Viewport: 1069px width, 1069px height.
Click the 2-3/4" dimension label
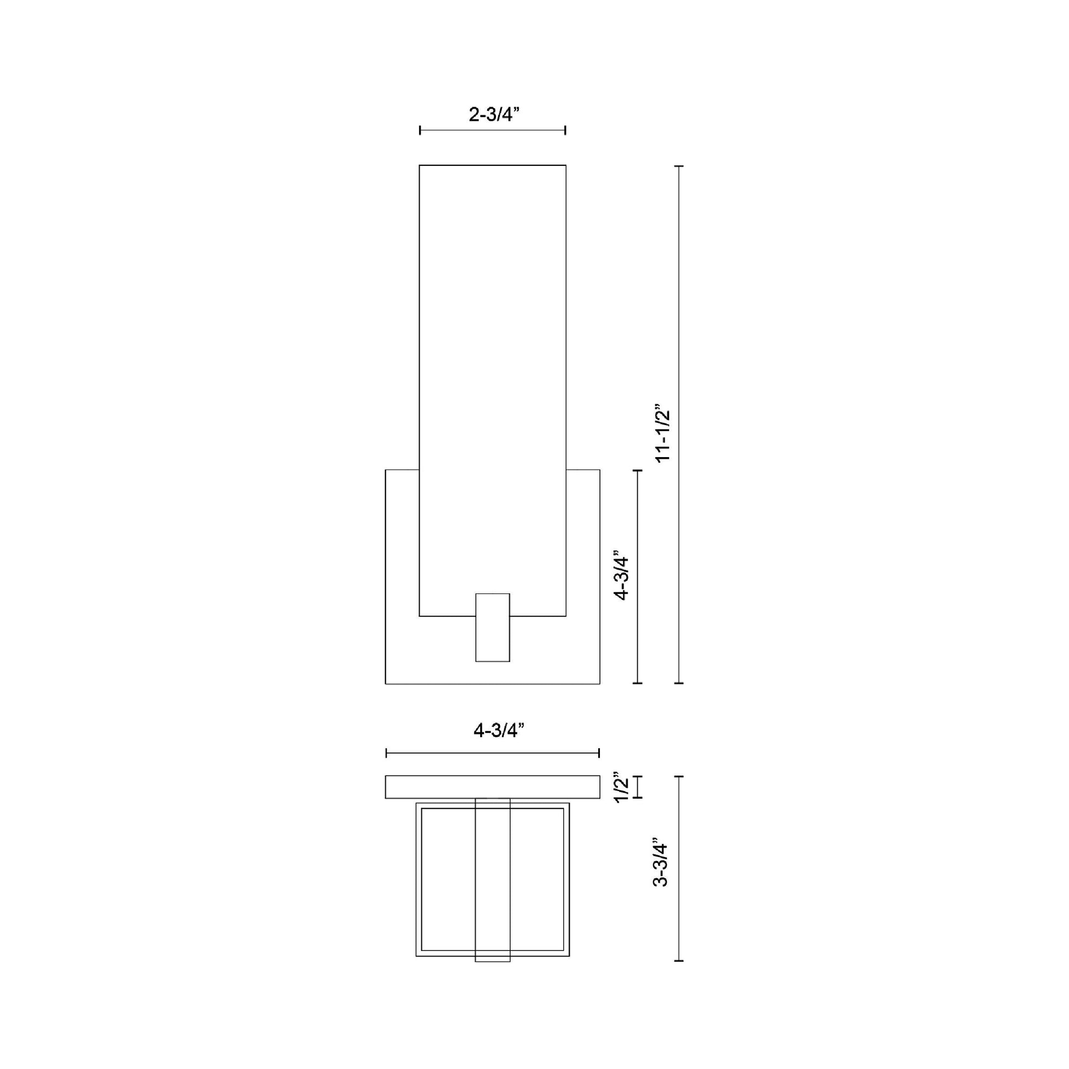click(x=494, y=114)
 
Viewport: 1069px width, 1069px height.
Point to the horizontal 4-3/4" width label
click(x=499, y=731)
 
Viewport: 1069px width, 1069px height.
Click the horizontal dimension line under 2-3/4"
click(x=492, y=131)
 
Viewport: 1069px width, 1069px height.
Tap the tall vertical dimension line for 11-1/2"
click(x=680, y=425)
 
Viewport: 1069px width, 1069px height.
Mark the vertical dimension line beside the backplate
click(x=638, y=577)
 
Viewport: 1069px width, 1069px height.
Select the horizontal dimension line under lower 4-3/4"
click(x=492, y=753)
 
